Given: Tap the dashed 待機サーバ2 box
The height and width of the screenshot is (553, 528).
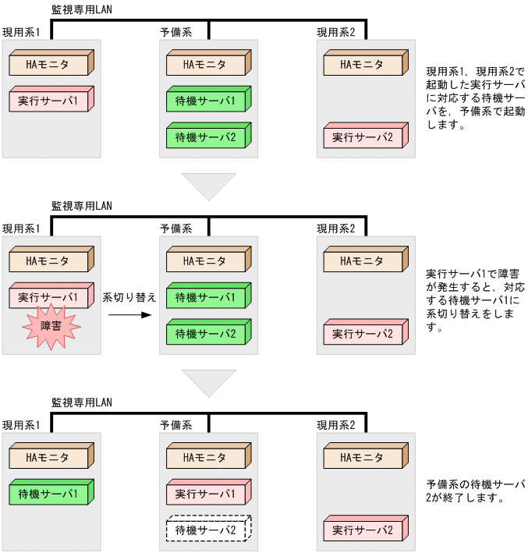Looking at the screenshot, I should [x=206, y=530].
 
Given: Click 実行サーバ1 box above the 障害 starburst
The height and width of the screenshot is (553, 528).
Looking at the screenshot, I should [x=50, y=298].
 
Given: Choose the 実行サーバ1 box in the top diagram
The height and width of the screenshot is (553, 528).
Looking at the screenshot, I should [x=50, y=101].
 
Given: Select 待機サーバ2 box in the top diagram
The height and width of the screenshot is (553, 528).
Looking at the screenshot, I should [x=206, y=137].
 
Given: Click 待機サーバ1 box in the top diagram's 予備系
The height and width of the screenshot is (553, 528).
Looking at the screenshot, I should [x=206, y=101].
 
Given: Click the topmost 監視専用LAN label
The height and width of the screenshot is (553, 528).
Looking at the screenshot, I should [x=82, y=9].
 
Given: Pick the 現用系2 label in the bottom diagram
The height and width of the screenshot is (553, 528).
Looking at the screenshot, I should [x=336, y=425].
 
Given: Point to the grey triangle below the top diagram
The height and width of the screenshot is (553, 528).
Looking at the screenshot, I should [x=208, y=184].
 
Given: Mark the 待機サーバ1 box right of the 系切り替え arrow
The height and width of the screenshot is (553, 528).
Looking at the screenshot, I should [x=206, y=298].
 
